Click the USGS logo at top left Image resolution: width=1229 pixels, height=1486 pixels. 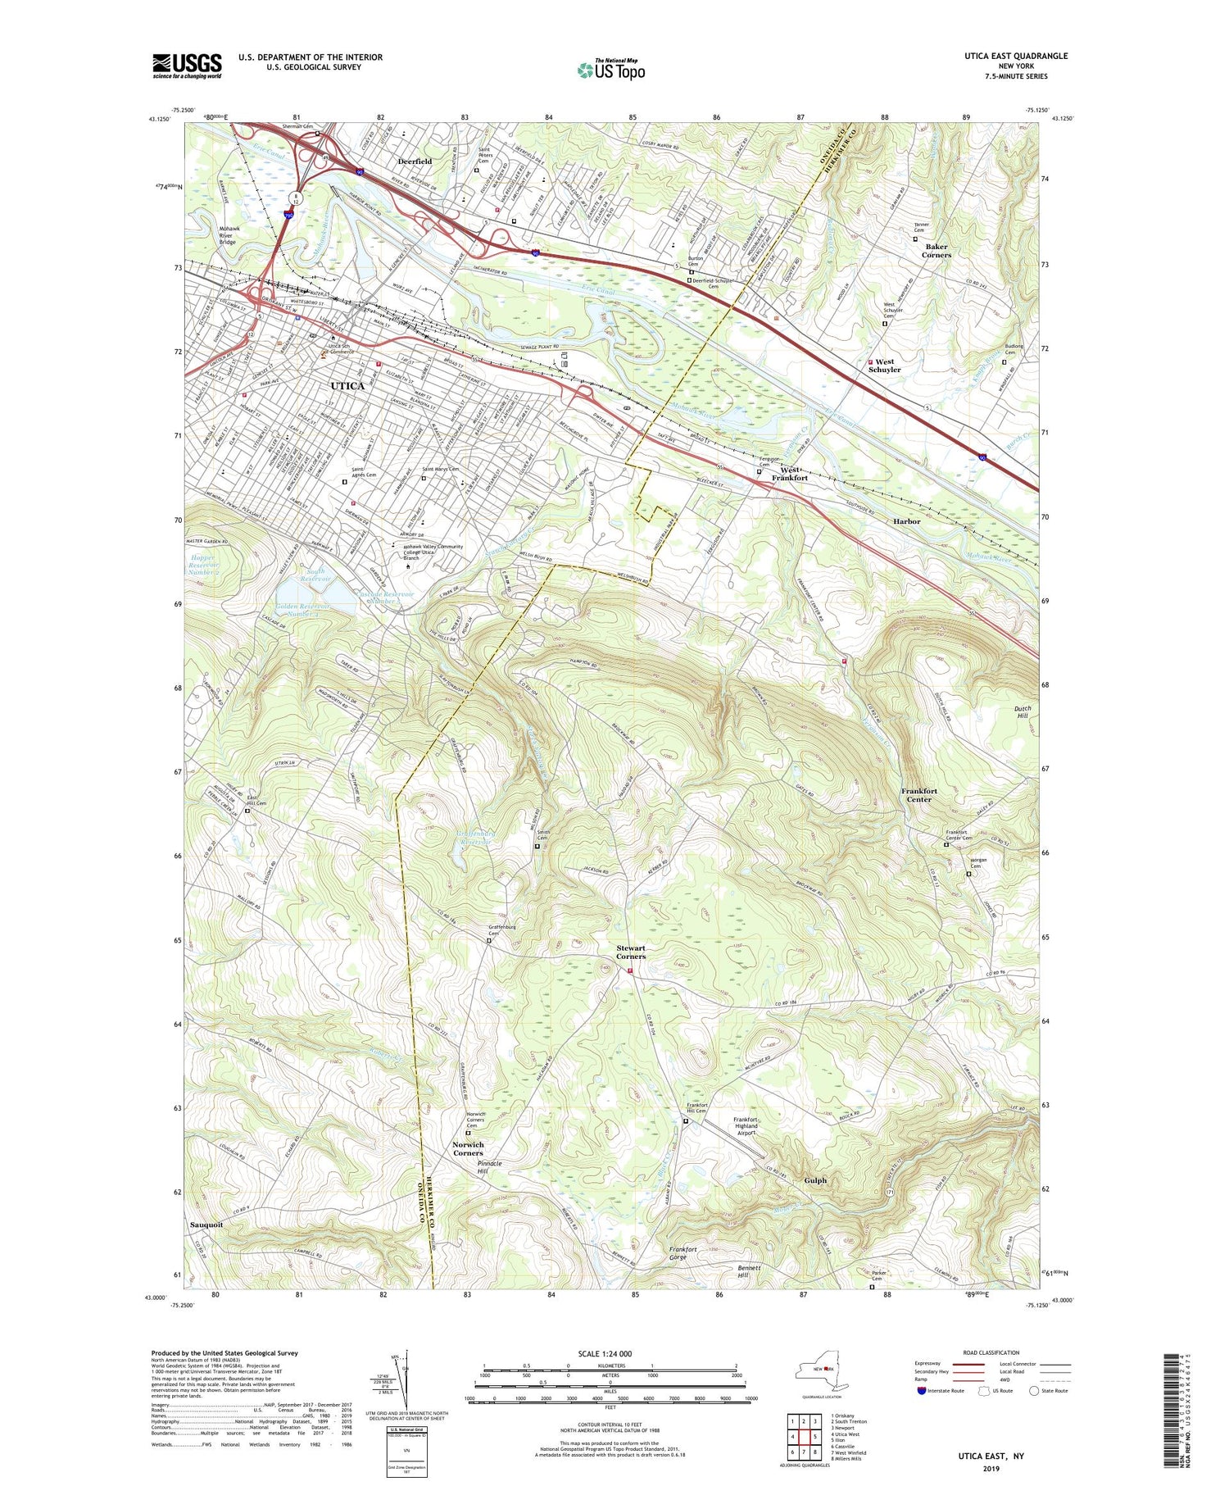coord(187,66)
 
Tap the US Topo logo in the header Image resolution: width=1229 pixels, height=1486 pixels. coord(610,70)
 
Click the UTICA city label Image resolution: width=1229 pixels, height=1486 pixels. coord(347,385)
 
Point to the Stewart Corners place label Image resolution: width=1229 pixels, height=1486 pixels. coord(631,952)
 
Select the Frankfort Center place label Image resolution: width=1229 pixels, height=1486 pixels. coord(919,795)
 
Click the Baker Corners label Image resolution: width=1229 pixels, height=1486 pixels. coord(936,250)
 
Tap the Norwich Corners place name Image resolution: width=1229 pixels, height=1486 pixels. coord(468,1148)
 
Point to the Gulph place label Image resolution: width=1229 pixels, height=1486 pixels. coord(815,1180)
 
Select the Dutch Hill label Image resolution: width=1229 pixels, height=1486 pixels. coord(1023,711)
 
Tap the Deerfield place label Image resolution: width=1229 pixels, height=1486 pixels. coord(415,161)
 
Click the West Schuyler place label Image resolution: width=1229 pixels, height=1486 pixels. coord(885,366)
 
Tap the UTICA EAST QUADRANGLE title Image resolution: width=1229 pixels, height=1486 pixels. coord(1016,56)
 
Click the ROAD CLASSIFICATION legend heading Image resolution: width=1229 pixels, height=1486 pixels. coord(991,1352)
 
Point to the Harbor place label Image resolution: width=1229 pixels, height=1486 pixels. coord(907,521)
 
